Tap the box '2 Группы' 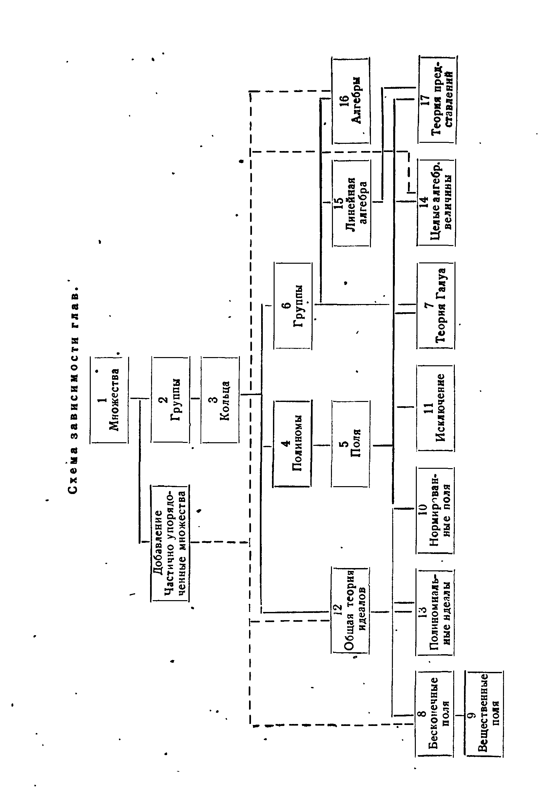pyautogui.click(x=170, y=400)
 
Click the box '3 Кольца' pyautogui.click(x=220, y=400)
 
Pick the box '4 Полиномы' pyautogui.click(x=292, y=444)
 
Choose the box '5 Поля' pyautogui.click(x=351, y=444)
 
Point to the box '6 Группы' pyautogui.click(x=293, y=306)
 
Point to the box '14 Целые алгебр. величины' pyautogui.click(x=436, y=202)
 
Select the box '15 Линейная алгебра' pyautogui.click(x=351, y=203)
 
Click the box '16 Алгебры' pyautogui.click(x=351, y=100)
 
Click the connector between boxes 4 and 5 pyautogui.click(x=321, y=445)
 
